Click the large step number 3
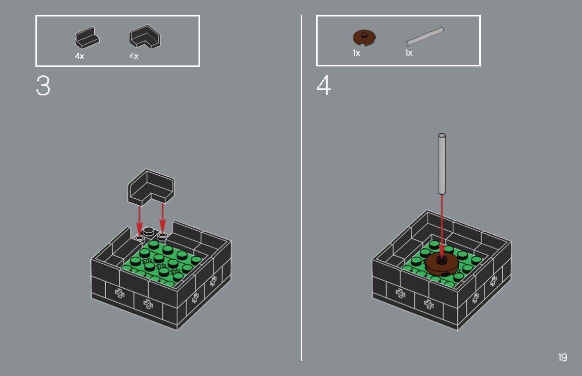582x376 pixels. coord(43,86)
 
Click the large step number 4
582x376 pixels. coord(324,86)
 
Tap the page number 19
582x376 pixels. coord(562,358)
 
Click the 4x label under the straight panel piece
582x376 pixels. coord(79,56)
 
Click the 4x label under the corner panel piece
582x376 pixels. coord(134,56)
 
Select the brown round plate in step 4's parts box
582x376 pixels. coord(364,37)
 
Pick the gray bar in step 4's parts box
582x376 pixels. coord(424,37)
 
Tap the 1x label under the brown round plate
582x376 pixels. coord(356,53)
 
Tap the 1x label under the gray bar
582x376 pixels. coord(408,53)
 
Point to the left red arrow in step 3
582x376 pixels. coord(139,220)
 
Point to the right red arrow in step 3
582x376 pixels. coord(162,218)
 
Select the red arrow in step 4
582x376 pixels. coord(441,225)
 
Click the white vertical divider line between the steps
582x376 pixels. coord(301,187)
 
